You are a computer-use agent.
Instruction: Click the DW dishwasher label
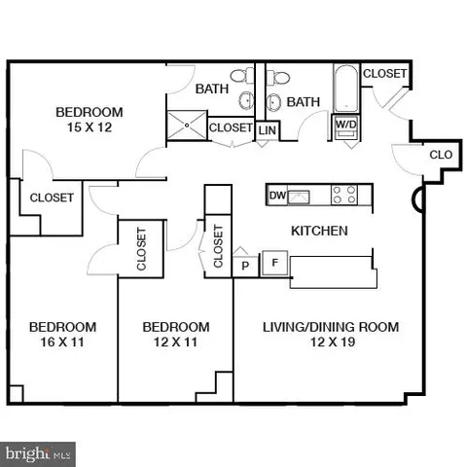(276, 196)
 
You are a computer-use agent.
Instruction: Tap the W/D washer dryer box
(344, 125)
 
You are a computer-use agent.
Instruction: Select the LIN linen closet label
(268, 129)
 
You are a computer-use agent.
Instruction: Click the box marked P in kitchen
(244, 264)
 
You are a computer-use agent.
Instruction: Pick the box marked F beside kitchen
(274, 263)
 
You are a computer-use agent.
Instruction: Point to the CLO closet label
(440, 154)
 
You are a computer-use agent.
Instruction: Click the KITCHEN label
(319, 232)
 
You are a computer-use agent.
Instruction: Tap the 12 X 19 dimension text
(331, 345)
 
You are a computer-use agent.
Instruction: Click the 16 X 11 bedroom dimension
(62, 345)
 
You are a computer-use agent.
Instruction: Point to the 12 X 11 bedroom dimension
(175, 345)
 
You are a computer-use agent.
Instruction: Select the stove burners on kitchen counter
(343, 194)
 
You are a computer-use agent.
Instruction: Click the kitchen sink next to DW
(298, 196)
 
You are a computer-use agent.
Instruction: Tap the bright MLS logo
(38, 452)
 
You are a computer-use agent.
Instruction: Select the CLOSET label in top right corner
(385, 74)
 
